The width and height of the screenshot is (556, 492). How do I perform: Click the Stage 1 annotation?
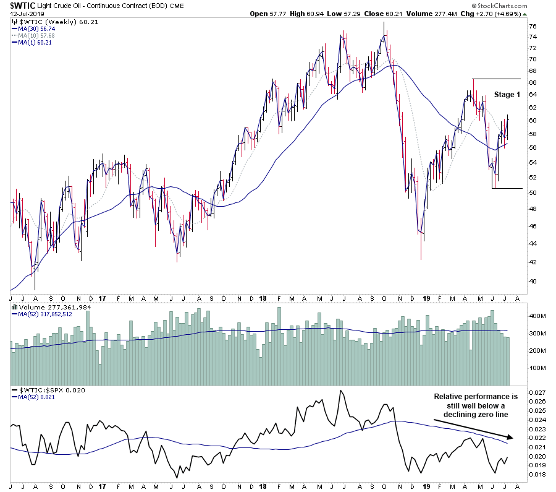(x=507, y=95)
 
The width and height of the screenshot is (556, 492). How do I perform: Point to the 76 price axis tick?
(x=532, y=26)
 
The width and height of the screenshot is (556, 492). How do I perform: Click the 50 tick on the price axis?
(x=532, y=192)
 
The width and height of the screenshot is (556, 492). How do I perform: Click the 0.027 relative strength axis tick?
(x=537, y=392)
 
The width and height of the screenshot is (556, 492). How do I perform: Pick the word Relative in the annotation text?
(x=449, y=396)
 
